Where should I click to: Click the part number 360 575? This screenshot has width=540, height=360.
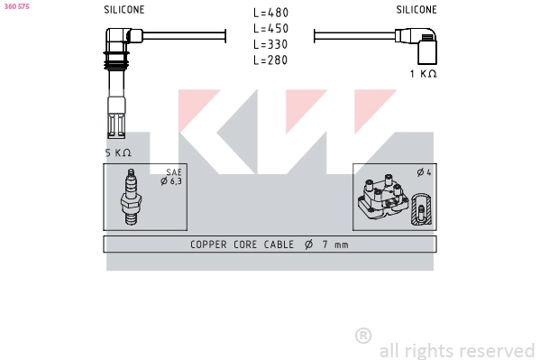[x=17, y=7]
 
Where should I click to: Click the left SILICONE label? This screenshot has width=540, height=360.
[x=124, y=10]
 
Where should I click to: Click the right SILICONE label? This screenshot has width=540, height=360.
[x=416, y=10]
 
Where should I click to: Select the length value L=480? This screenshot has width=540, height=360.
[x=270, y=13]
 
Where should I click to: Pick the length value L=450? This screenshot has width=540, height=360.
[x=270, y=29]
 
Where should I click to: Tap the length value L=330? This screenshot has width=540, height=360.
[x=270, y=44]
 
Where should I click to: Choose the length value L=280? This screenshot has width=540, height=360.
[x=270, y=60]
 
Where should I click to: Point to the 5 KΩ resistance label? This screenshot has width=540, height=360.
[x=118, y=152]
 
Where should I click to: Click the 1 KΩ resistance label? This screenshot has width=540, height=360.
[x=423, y=74]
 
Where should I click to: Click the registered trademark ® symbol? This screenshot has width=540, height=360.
[x=363, y=336]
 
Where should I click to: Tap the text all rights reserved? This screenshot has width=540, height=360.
[x=457, y=350]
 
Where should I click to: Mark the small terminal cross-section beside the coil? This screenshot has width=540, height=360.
[x=419, y=214]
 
